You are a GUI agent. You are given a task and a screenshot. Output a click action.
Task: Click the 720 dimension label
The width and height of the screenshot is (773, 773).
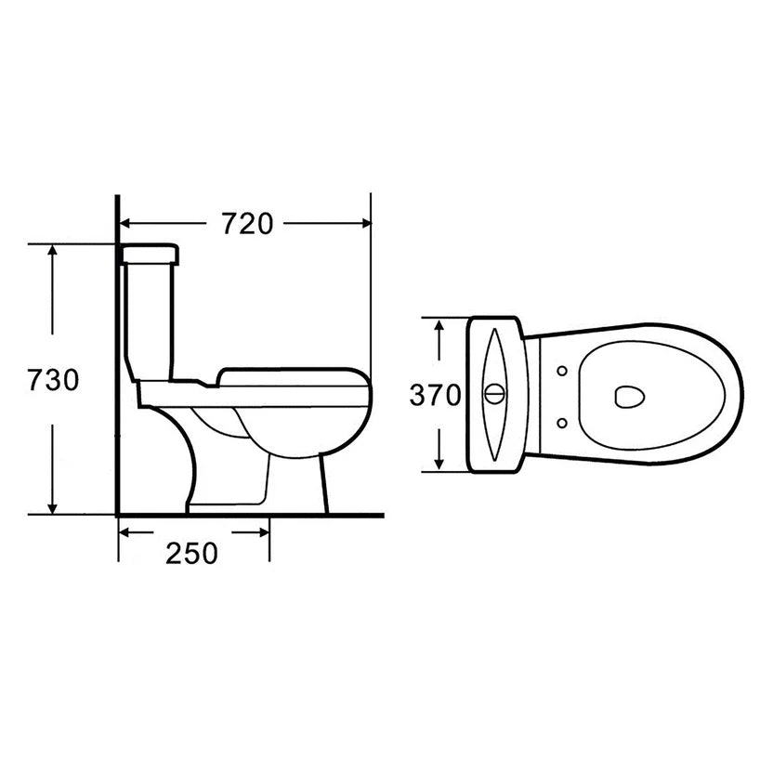(x=246, y=223)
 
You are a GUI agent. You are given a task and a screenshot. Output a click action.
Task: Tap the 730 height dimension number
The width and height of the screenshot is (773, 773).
(x=53, y=380)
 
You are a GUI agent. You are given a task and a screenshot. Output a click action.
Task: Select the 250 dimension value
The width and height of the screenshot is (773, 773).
(x=191, y=553)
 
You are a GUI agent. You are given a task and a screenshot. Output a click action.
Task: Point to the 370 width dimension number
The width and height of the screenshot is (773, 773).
(x=435, y=395)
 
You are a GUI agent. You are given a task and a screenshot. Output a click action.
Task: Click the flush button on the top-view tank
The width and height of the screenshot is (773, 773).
(x=494, y=394)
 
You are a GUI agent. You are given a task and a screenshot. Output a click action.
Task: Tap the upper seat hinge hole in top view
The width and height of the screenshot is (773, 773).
(x=562, y=371)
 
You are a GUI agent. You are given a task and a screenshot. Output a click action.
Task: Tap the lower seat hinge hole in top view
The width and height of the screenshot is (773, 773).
(x=562, y=423)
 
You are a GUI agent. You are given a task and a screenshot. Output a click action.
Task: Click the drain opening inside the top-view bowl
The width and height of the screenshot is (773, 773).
(x=630, y=397)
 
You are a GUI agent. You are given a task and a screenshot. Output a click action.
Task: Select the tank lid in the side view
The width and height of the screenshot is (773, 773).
(x=150, y=255)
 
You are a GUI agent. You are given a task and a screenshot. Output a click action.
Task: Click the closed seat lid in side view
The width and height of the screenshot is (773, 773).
(x=293, y=376)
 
